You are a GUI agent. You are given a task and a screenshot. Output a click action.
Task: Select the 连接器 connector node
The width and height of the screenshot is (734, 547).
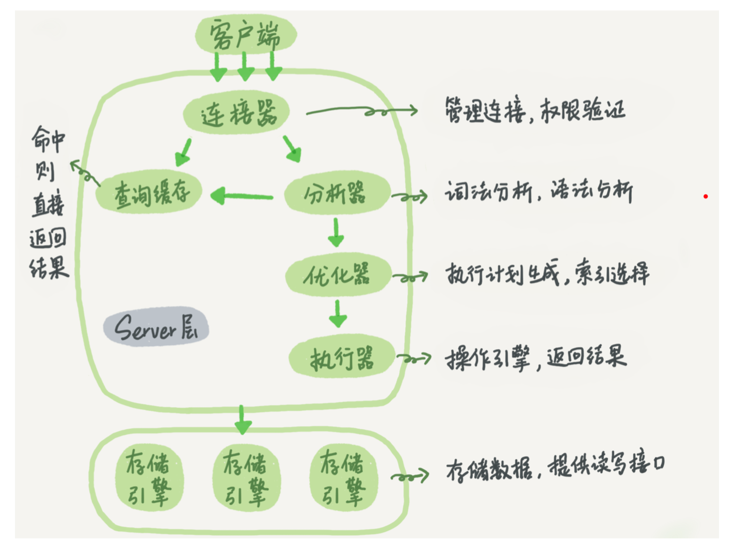(x=236, y=112)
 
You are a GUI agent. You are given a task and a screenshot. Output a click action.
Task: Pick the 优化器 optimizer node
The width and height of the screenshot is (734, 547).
(x=338, y=274)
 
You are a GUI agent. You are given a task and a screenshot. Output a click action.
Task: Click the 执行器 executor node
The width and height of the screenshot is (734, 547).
(x=342, y=356)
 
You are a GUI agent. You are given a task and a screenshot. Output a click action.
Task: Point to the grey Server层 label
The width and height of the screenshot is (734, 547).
(x=156, y=326)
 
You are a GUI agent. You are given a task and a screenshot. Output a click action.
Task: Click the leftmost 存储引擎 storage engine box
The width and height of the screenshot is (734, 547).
(x=150, y=477)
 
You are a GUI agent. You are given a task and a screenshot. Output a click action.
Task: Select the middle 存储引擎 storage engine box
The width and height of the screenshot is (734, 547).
(x=247, y=477)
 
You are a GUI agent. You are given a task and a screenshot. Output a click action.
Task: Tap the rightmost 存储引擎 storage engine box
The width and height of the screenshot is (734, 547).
(x=344, y=477)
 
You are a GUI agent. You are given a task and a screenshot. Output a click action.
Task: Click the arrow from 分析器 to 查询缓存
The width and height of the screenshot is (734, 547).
(x=242, y=196)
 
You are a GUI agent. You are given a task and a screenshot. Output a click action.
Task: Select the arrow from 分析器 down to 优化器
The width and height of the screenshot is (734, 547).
(x=336, y=233)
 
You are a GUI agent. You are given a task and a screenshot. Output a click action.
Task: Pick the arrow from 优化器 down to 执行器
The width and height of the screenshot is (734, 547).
(x=338, y=314)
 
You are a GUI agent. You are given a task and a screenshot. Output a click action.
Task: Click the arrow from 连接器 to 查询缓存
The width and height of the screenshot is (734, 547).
(x=184, y=152)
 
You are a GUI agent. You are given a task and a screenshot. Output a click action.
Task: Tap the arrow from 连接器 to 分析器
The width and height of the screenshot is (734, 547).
(x=292, y=149)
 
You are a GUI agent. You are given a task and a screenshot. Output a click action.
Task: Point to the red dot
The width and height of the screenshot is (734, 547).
(x=706, y=197)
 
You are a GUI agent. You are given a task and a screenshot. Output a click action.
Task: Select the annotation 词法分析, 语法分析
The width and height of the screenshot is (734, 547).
(x=539, y=191)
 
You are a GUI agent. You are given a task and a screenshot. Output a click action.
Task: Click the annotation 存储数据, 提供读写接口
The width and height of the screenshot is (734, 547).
(x=555, y=465)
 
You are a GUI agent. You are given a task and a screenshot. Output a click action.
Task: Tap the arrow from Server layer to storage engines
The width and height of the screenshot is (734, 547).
(x=243, y=420)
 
